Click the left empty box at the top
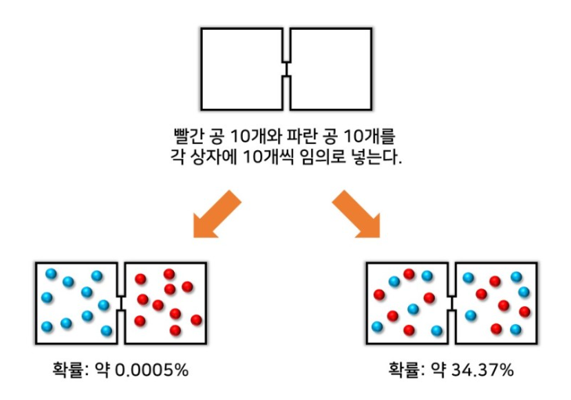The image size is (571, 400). pyautogui.click(x=241, y=68)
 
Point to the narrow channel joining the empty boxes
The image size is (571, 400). pyautogui.click(x=287, y=69)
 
